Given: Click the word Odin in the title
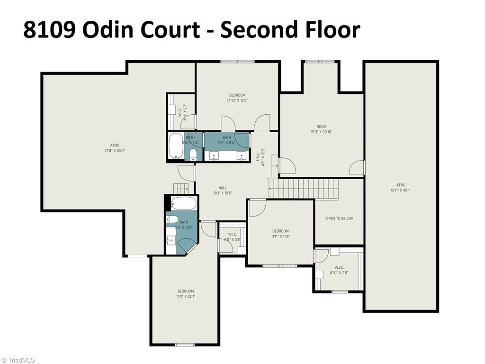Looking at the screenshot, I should tap(108, 29).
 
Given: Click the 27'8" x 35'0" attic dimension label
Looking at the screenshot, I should tap(115, 151).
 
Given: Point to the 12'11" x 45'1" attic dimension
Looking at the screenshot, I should tap(401, 191).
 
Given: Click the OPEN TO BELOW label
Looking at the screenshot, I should tap(339, 218).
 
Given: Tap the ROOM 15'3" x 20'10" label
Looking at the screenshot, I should tap(322, 129).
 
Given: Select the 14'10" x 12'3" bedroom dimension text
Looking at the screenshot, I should tap(237, 100).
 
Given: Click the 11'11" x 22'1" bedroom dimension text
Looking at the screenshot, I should tap(185, 296).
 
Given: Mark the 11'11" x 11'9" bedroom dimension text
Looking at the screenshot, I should tap(280, 236).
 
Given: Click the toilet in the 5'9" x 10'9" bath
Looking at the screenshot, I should tap(172, 219).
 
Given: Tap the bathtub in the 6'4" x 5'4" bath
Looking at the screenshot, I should tap(176, 145).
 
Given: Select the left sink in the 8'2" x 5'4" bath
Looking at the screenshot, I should tap(214, 156).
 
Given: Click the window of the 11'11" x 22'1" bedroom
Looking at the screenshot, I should tap(185, 345).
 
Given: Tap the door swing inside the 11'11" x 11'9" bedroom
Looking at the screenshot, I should tap(257, 208).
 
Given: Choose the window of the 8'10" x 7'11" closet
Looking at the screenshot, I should tap(339, 291).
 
